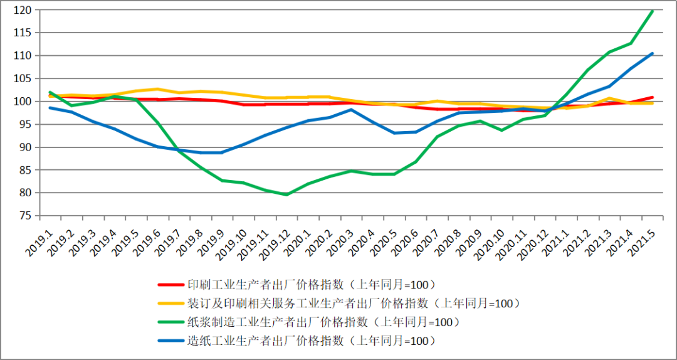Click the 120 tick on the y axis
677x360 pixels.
(23, 10)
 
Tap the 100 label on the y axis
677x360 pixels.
(23, 102)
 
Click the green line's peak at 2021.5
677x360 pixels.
(653, 11)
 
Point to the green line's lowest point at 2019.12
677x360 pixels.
(286, 194)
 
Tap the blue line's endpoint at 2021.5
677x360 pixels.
(653, 53)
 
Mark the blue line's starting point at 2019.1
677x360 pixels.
(50, 108)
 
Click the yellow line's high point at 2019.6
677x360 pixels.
(158, 89)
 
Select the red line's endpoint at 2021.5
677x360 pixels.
(653, 97)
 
